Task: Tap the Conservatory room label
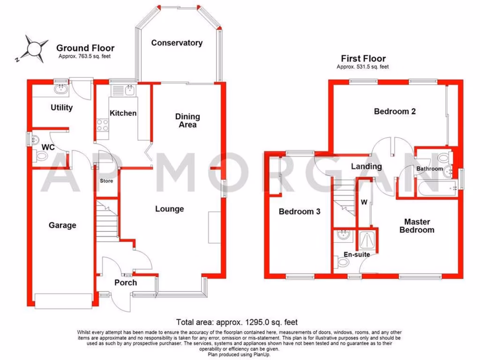pyautogui.click(x=177, y=43)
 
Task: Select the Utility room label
pyautogui.click(x=62, y=108)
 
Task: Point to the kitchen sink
pyautogui.click(x=123, y=90)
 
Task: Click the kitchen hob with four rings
pyautogui.click(x=103, y=125)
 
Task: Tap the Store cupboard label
pyautogui.click(x=106, y=181)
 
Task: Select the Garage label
pyautogui.click(x=62, y=225)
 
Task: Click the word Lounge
pyautogui.click(x=169, y=209)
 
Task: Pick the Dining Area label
pyautogui.click(x=187, y=120)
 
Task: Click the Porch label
pyautogui.click(x=126, y=283)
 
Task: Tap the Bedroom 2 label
pyautogui.click(x=395, y=112)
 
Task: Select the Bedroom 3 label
pyautogui.click(x=299, y=211)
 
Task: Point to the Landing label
pyautogui.click(x=366, y=166)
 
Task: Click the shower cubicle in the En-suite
pyautogui.click(x=367, y=241)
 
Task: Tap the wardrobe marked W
pyautogui.click(x=363, y=202)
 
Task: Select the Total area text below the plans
pyautogui.click(x=237, y=322)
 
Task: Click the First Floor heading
pyautogui.click(x=363, y=59)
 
